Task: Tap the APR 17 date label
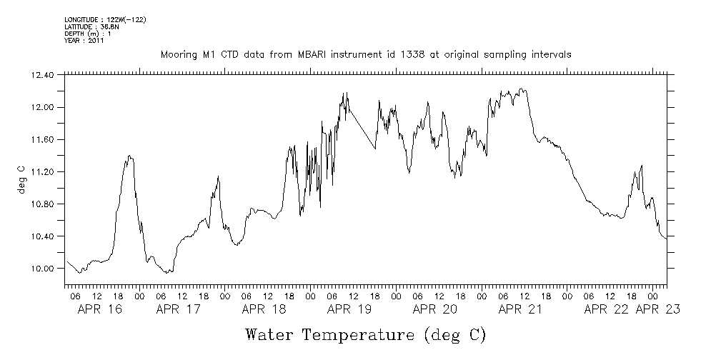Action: (178, 309)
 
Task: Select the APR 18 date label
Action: (264, 309)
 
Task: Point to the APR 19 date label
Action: (349, 309)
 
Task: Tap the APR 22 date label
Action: (607, 309)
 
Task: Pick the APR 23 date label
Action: (657, 309)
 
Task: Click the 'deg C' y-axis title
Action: (21, 179)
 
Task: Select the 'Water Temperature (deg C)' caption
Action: (365, 334)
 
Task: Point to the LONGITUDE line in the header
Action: (105, 19)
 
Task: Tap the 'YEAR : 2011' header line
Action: (84, 41)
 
